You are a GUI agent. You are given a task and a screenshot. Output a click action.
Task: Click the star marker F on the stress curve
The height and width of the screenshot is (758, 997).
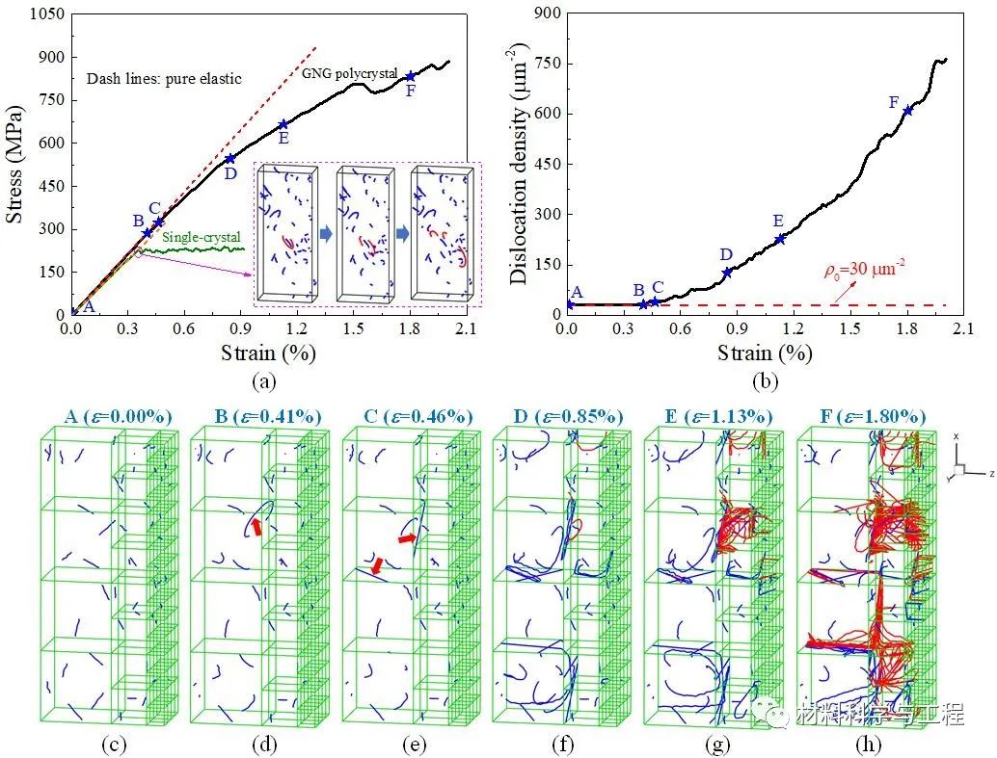point(411,76)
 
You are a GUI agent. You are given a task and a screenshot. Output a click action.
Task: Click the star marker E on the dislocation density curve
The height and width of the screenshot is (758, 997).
point(780,238)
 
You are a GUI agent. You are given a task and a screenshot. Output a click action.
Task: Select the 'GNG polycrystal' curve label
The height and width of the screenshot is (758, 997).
point(350,73)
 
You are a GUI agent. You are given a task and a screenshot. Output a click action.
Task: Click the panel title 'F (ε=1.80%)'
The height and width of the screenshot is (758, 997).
point(864,416)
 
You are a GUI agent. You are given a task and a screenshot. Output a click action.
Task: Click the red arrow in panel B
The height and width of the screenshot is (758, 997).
point(256,525)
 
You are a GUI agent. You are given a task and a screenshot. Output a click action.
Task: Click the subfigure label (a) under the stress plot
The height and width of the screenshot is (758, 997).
point(263,381)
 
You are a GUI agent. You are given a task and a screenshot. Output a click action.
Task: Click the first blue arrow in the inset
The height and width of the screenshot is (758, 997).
point(326,234)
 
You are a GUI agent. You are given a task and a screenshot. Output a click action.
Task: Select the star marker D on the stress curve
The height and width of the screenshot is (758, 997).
point(229,159)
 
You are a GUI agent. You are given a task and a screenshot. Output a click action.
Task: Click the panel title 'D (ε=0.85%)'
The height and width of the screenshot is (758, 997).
point(559,416)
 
